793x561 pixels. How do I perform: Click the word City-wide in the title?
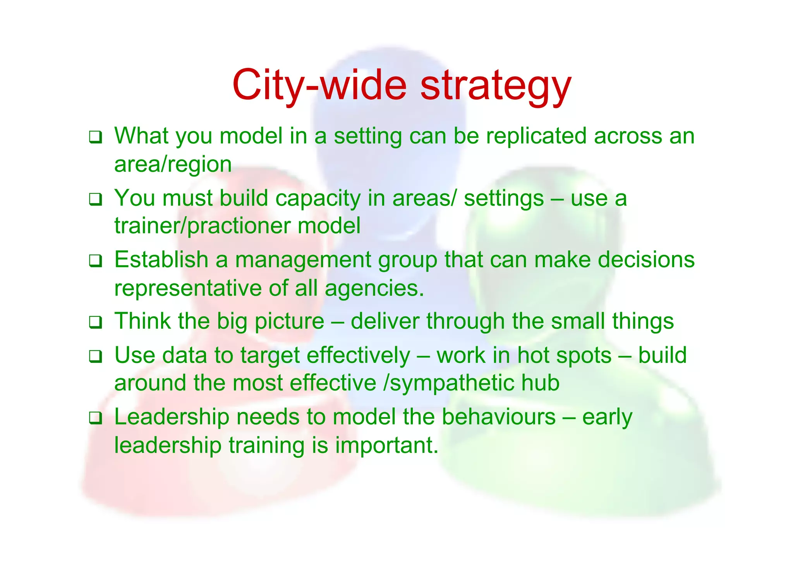[319, 85]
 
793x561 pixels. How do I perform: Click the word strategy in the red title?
[495, 86]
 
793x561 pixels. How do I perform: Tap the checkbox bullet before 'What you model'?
[95, 137]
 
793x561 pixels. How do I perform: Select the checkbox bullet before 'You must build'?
[95, 199]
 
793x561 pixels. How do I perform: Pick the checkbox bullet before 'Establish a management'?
[95, 261]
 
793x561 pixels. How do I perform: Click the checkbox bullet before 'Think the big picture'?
[95, 322]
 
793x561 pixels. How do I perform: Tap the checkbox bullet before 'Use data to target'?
[95, 356]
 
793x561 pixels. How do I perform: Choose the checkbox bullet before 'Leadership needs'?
[95, 418]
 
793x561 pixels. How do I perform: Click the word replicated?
[536, 136]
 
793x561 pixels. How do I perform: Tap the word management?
[303, 260]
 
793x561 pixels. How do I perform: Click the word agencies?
[374, 289]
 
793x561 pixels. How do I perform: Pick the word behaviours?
[499, 417]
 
